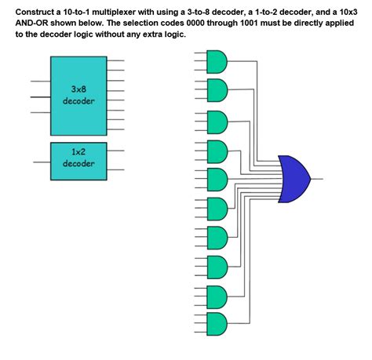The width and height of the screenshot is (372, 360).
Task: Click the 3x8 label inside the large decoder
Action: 78,89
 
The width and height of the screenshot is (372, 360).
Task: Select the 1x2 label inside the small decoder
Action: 78,151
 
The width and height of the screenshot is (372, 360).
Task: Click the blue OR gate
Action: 294,178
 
